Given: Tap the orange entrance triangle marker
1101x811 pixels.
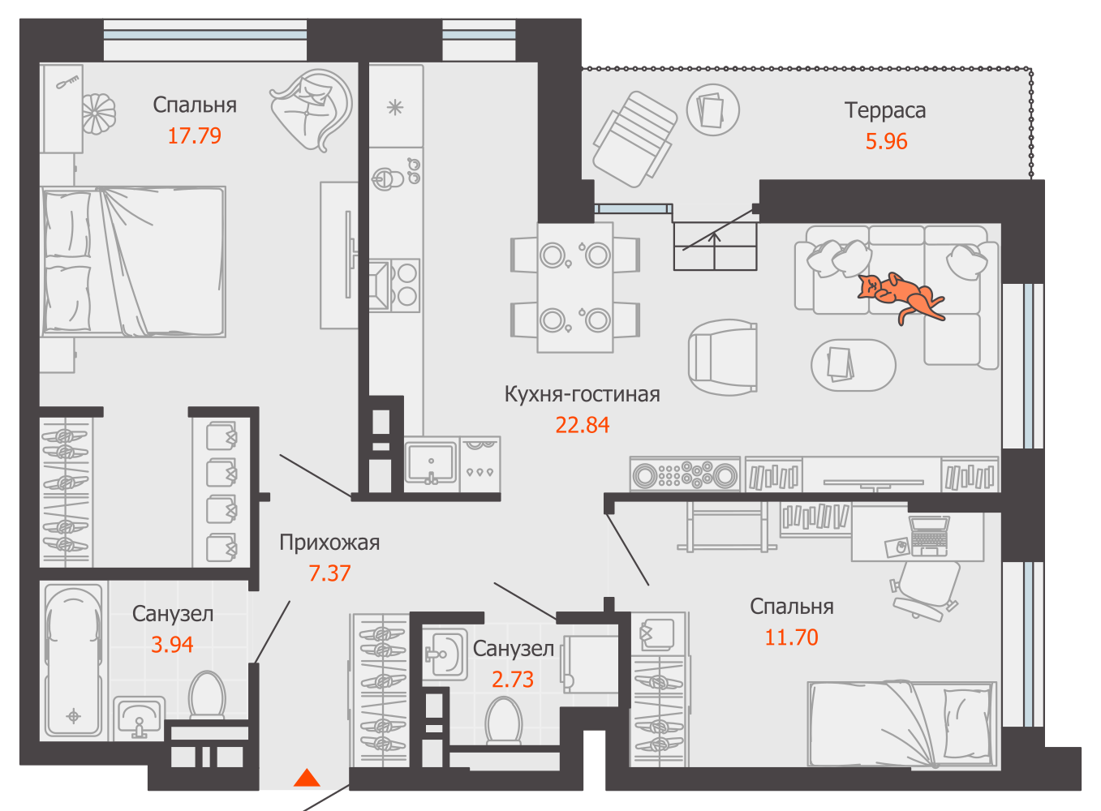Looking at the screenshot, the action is pyautogui.click(x=308, y=778).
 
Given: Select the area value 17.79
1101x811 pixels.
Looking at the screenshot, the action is pyautogui.click(x=195, y=136).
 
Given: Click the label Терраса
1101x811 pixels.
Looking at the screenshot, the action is pyautogui.click(x=885, y=110).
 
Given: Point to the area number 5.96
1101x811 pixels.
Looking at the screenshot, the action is pyautogui.click(x=886, y=141).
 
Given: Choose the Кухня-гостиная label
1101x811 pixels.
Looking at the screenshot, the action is pyautogui.click(x=582, y=394).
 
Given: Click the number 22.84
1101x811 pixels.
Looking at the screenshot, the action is pyautogui.click(x=582, y=425).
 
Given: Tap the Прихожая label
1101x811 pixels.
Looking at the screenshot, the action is pyautogui.click(x=329, y=543).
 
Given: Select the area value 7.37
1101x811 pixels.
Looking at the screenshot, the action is pyautogui.click(x=329, y=573).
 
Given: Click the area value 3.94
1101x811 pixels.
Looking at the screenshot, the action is pyautogui.click(x=172, y=645).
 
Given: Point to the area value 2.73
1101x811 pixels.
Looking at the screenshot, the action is pyautogui.click(x=513, y=680).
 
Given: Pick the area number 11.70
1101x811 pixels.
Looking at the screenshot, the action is pyautogui.click(x=791, y=637).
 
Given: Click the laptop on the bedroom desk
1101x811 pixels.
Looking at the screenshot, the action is pyautogui.click(x=928, y=536).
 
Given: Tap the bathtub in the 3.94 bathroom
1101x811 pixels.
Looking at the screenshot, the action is pyautogui.click(x=74, y=662).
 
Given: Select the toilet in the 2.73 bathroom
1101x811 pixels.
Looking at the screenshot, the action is pyautogui.click(x=503, y=721).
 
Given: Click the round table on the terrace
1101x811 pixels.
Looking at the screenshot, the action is pyautogui.click(x=712, y=110).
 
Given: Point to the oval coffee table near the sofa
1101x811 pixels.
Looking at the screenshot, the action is pyautogui.click(x=854, y=365).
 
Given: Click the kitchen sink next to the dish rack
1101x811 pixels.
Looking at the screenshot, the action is pyautogui.click(x=431, y=464).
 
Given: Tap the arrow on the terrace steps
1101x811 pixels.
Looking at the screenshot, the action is pyautogui.click(x=715, y=251).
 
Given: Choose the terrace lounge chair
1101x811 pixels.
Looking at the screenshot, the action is pyautogui.click(x=634, y=139).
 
